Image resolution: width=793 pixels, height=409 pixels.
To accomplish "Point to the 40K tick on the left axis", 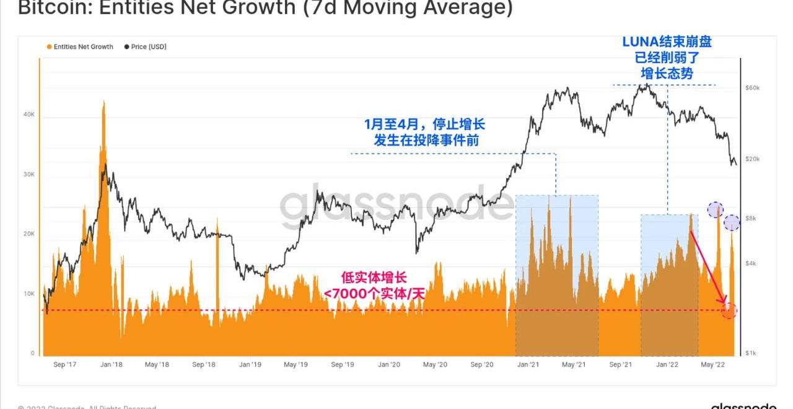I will [x=29, y=115].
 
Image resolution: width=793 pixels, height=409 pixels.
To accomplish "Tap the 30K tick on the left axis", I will [x=29, y=174].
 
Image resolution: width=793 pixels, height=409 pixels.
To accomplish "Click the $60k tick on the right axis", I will [x=753, y=88].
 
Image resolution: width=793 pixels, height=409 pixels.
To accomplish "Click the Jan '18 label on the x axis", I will [x=111, y=365].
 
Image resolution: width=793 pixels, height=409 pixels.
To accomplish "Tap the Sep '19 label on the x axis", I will [x=342, y=365].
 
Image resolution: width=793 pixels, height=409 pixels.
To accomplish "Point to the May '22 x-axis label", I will [x=712, y=365].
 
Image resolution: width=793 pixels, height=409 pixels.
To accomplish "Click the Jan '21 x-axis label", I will [x=528, y=365].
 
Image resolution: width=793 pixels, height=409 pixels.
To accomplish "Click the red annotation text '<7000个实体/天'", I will [x=374, y=293].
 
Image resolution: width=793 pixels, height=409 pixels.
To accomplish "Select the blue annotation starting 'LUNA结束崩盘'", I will [x=667, y=42].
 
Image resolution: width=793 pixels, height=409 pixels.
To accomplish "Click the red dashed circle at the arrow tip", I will [x=729, y=310].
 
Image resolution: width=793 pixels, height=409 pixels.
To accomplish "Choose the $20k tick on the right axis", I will [x=753, y=159].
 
